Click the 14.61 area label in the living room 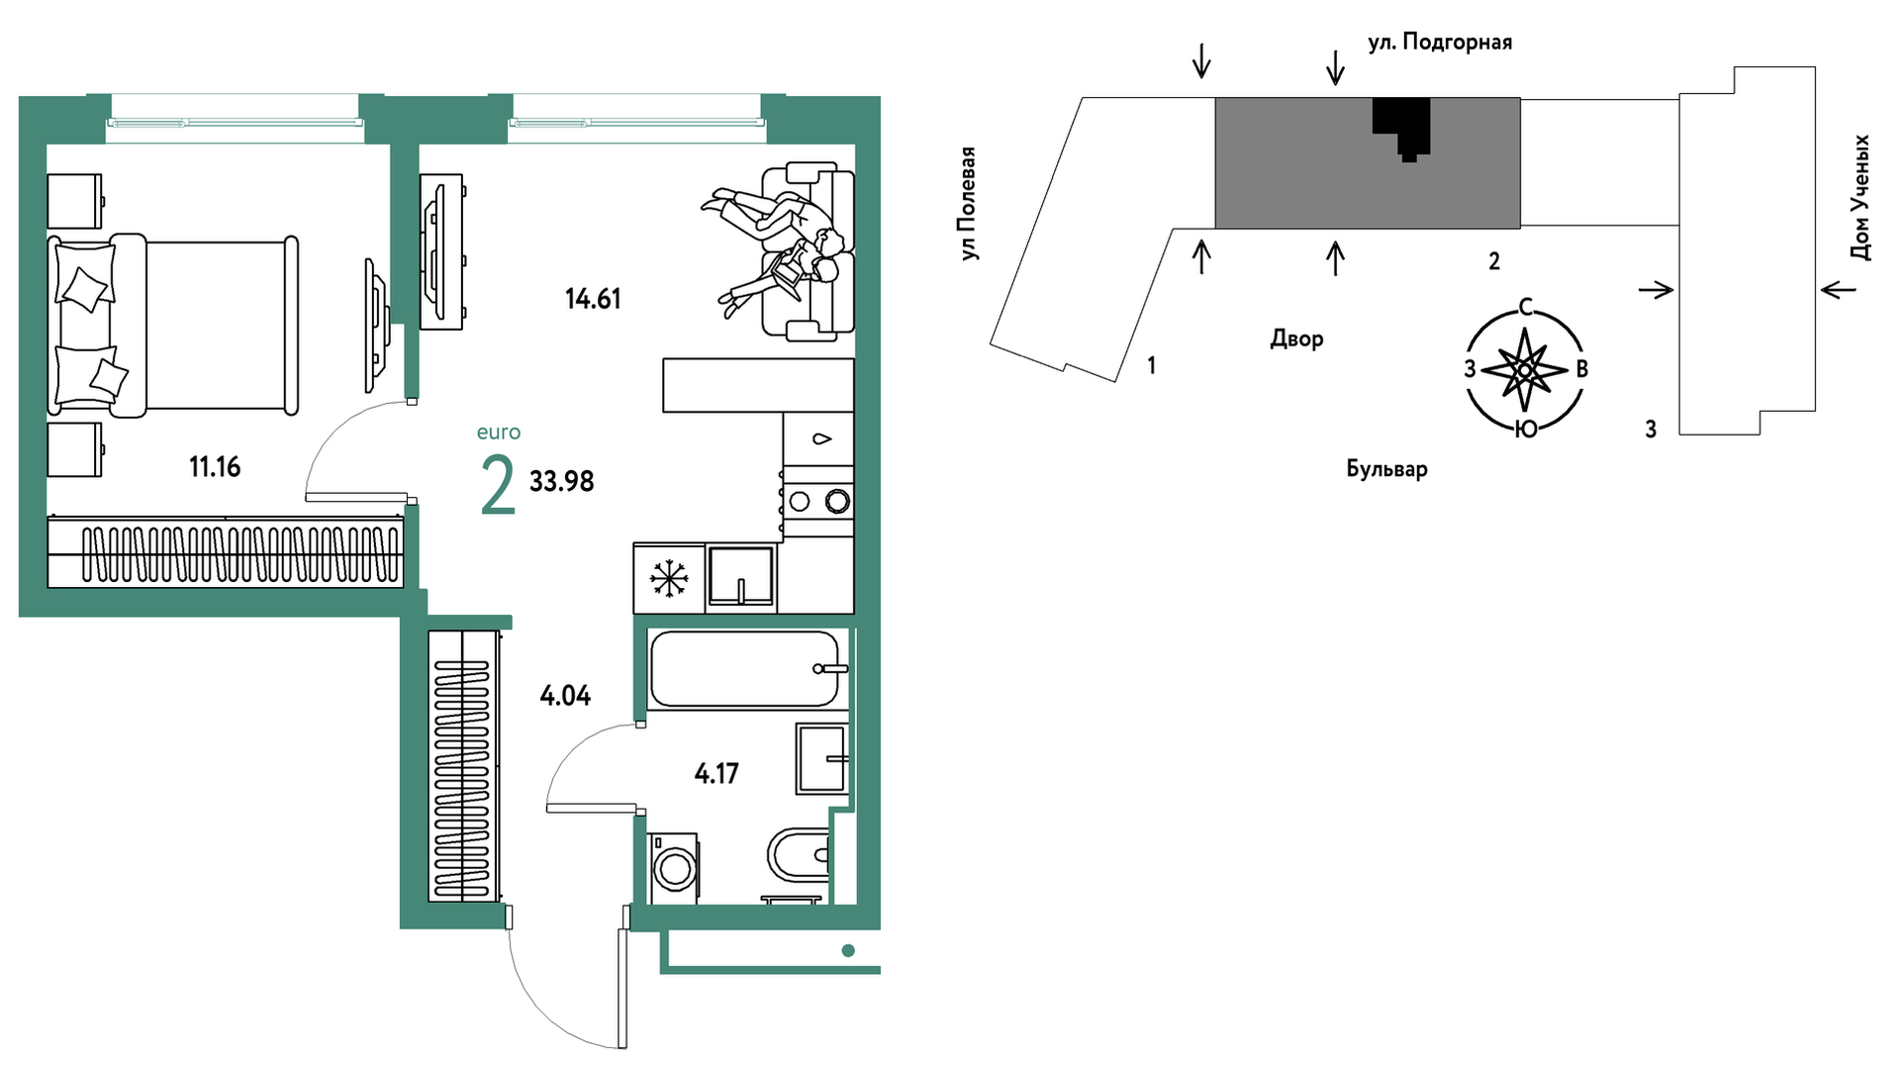[593, 299]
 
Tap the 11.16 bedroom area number [215, 466]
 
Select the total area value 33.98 [561, 481]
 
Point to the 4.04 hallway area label [565, 696]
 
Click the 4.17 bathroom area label [716, 773]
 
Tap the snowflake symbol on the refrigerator [669, 578]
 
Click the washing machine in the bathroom [673, 868]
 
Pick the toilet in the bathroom [799, 854]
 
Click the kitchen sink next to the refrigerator [740, 575]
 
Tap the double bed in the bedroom [173, 326]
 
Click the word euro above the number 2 [499, 433]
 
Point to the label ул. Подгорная [1440, 43]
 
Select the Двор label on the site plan [1296, 339]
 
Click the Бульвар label [1386, 468]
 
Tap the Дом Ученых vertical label [1861, 198]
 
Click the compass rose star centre [1525, 370]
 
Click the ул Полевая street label [968, 204]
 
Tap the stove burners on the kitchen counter [818, 502]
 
